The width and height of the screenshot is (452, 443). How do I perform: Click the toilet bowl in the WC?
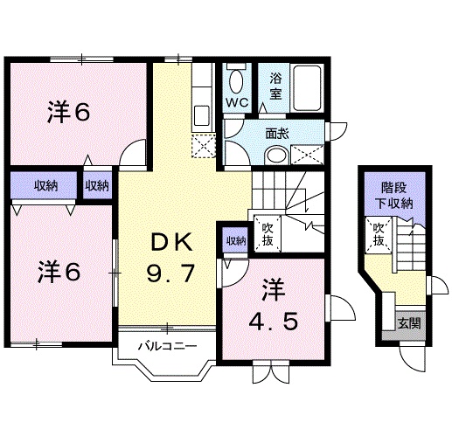(235, 84)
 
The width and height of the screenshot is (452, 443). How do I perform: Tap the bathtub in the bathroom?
(307, 88)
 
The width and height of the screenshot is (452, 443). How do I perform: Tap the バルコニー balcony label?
(164, 346)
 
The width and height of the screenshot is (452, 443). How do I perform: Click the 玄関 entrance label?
(407, 322)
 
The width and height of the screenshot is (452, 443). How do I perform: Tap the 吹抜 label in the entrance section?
(379, 235)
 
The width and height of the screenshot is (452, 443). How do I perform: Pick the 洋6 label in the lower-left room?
(59, 272)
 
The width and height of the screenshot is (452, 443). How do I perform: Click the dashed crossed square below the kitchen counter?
(203, 147)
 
